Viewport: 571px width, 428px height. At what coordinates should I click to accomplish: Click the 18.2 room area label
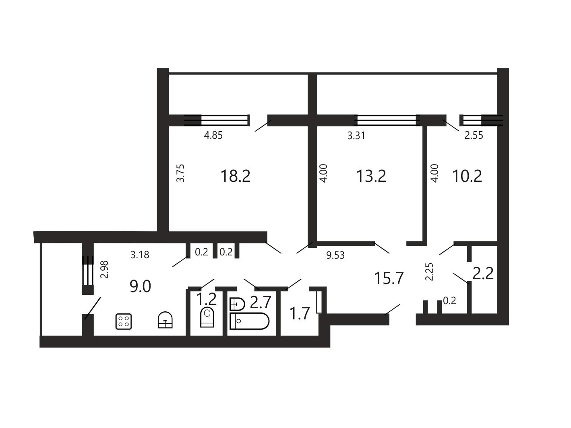(236, 176)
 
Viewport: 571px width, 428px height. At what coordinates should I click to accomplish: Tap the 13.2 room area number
(371, 176)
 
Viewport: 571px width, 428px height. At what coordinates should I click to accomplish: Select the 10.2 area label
(467, 176)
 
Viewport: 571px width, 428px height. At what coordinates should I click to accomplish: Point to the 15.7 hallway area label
(389, 278)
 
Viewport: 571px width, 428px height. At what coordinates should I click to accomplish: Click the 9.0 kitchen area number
(140, 287)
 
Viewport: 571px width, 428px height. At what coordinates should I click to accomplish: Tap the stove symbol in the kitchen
(124, 321)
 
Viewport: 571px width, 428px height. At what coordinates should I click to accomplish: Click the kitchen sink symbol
(165, 320)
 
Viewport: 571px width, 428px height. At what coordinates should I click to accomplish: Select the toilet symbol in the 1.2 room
(207, 317)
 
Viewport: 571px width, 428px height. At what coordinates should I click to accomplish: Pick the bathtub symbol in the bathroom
(250, 321)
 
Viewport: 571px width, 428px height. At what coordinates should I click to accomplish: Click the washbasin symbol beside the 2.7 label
(237, 304)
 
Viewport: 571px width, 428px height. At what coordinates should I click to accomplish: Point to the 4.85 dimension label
(213, 136)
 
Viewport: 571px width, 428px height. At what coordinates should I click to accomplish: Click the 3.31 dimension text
(356, 136)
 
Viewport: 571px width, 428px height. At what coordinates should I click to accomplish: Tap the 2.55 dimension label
(474, 136)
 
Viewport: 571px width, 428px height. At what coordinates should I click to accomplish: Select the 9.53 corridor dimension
(335, 255)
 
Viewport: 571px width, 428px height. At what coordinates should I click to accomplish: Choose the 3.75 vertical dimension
(180, 173)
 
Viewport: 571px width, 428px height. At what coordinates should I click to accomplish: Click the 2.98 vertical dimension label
(104, 270)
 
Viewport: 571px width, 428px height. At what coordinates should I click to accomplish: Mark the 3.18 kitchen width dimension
(140, 255)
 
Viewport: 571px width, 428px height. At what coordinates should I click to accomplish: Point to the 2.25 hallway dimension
(429, 272)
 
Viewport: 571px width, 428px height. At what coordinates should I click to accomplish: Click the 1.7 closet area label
(300, 313)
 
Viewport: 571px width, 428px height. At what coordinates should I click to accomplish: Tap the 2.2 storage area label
(483, 274)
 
